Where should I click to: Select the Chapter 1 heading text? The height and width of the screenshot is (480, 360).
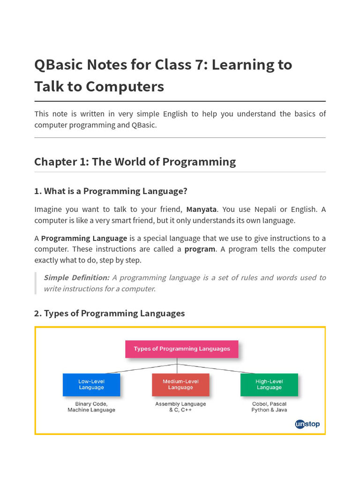(135, 162)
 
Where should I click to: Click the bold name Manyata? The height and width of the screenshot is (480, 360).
(202, 209)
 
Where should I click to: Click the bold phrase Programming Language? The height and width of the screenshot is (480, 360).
(84, 238)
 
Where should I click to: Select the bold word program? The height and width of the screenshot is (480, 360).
(200, 249)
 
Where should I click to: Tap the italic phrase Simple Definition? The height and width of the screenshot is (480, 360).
(76, 277)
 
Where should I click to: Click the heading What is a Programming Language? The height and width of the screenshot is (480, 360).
(111, 191)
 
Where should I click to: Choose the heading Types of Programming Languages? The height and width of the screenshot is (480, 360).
(110, 313)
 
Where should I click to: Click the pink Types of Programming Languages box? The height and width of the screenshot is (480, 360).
(181, 349)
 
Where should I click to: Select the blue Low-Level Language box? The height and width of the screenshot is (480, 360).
(91, 384)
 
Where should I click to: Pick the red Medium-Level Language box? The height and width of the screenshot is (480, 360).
(180, 384)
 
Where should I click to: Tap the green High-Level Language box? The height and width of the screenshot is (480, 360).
(269, 384)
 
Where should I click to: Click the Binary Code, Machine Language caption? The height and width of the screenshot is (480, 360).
(91, 407)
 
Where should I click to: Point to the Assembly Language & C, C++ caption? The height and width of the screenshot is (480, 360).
(180, 407)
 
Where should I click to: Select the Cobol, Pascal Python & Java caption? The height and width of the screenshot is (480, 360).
(269, 407)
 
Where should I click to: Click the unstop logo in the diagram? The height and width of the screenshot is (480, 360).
(307, 424)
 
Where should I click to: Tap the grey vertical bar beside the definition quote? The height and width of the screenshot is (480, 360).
(36, 283)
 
